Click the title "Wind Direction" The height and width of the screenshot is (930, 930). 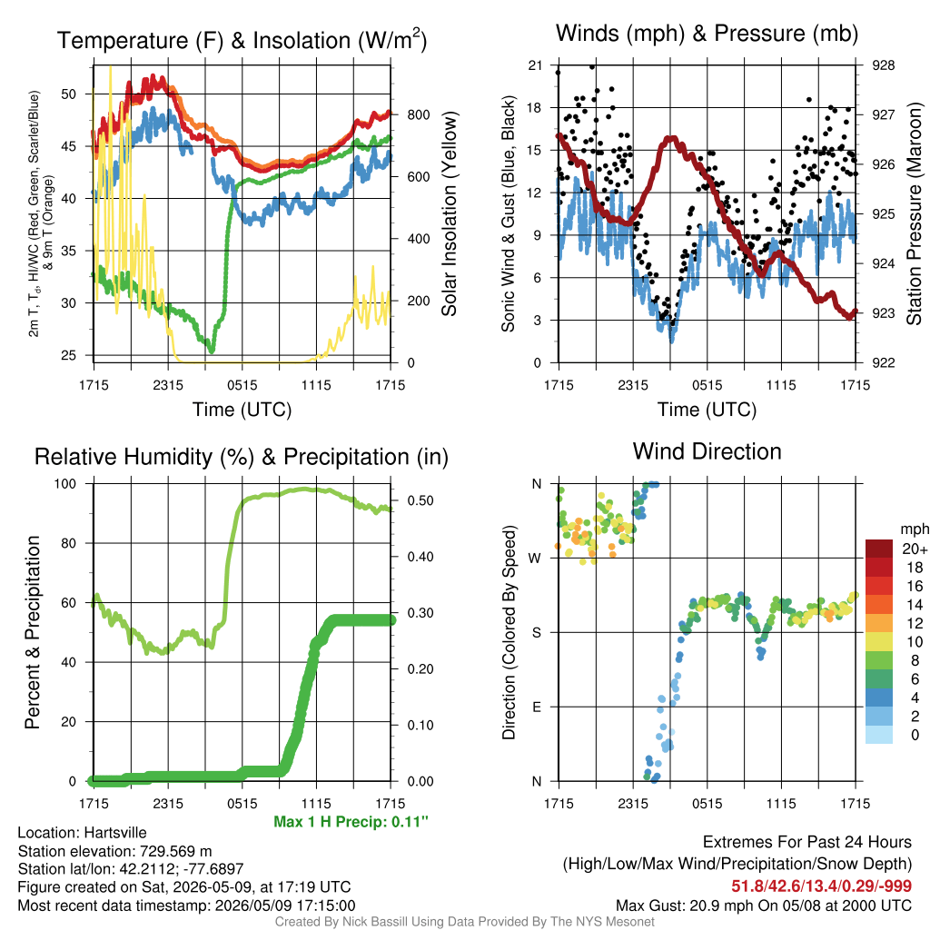pos(707,452)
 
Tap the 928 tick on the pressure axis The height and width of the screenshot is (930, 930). pos(883,65)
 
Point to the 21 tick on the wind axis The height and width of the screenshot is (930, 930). pos(536,65)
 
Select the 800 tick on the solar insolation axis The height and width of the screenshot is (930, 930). pos(419,115)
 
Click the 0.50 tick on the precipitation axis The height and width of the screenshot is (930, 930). pos(420,500)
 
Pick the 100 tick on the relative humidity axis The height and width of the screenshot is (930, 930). pos(65,483)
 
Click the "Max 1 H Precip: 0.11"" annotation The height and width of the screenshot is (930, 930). pos(351,822)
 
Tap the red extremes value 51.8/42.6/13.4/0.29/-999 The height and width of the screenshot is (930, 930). pos(821,886)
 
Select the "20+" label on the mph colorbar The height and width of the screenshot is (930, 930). pos(915,549)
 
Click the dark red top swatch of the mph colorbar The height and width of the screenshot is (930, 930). pos(879,549)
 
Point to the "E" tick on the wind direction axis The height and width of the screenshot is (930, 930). pos(537,707)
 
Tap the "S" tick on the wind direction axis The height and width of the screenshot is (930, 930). pos(537,632)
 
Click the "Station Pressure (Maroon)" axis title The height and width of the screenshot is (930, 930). pos(914,213)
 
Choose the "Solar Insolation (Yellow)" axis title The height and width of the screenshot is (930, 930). pos(450,213)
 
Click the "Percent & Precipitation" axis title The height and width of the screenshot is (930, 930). pos(32,632)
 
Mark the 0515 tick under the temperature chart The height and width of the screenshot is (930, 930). pos(242,385)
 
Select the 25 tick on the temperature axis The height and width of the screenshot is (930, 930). pos(69,355)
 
